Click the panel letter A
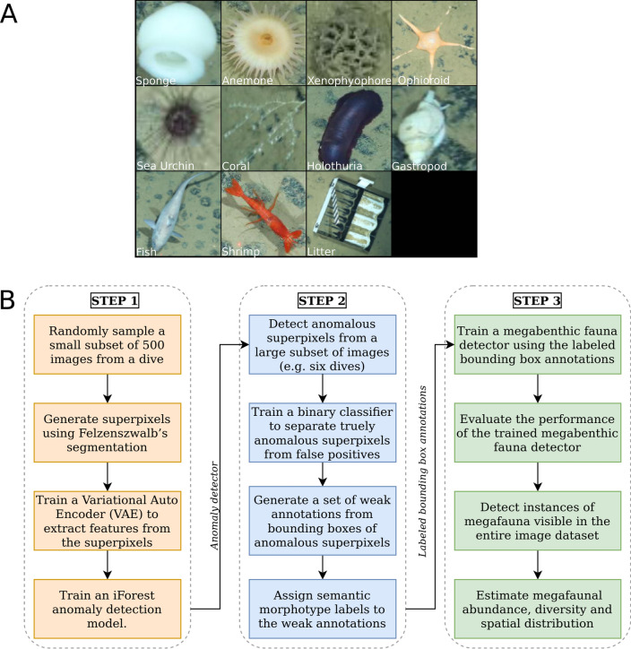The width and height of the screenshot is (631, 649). tap(13, 15)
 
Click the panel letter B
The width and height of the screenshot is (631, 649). tap(13, 299)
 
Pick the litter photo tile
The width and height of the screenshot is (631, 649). tap(348, 215)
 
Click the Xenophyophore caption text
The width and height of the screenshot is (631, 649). tap(348, 81)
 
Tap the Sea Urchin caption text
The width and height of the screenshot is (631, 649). tap(164, 166)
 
